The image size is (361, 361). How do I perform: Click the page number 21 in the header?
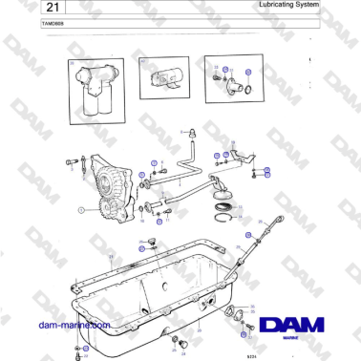(22, 8)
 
